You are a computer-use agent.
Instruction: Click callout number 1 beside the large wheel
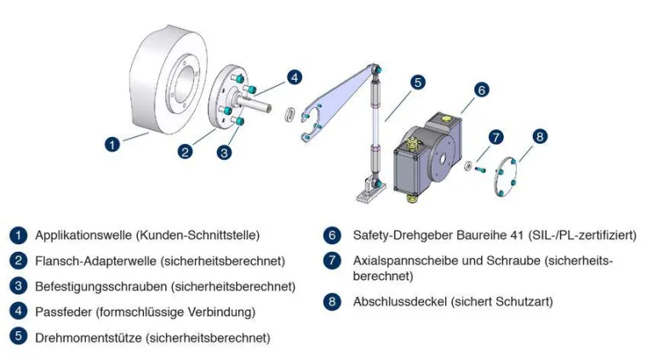coord(112,144)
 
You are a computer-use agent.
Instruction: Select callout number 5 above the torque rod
coord(417,83)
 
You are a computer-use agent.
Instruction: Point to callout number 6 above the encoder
coord(480,89)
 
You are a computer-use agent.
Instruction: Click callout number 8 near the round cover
coord(540,136)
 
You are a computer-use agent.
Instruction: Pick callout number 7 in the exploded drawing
coord(496,137)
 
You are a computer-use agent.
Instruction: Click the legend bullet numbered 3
coord(19,286)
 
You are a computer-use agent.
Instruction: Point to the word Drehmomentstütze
coord(89,338)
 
